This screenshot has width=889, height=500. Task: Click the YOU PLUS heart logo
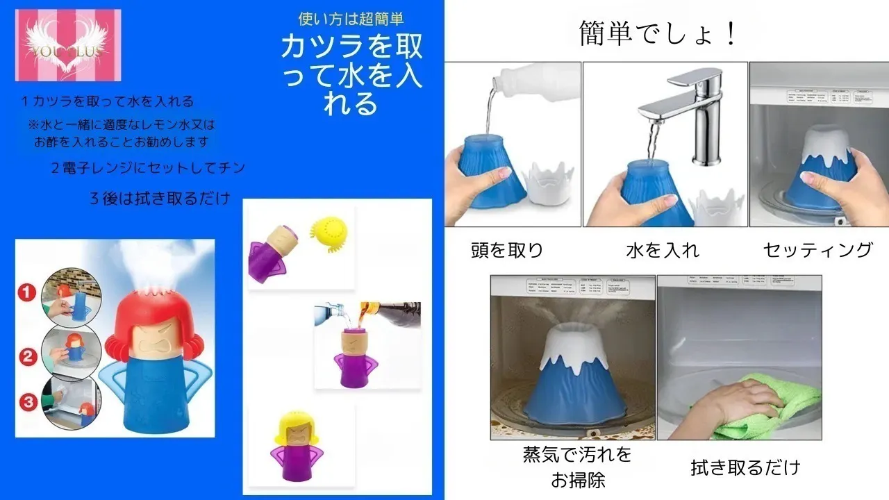[67, 45]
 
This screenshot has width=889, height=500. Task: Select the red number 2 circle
[27, 358]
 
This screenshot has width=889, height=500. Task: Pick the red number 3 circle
[27, 401]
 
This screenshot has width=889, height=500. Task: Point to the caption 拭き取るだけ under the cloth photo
[745, 467]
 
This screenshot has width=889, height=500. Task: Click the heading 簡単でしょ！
[658, 33]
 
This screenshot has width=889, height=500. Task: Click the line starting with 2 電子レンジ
[148, 168]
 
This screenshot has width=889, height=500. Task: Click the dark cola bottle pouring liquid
[389, 314]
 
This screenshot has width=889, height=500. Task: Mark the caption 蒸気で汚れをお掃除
[578, 467]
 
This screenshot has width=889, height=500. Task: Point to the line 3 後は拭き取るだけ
[160, 198]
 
